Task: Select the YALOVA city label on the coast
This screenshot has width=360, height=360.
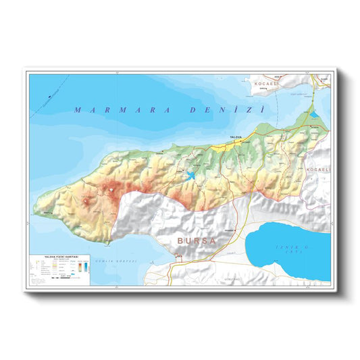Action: [x=236, y=137]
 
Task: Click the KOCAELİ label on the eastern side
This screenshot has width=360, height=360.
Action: [x=317, y=170]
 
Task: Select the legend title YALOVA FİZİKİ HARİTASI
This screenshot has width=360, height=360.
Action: [x=62, y=257]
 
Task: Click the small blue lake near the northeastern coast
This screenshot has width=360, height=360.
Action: [x=313, y=114]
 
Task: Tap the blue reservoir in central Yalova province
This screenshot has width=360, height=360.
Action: [x=190, y=176]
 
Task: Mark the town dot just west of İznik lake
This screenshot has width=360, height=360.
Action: [x=238, y=230]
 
